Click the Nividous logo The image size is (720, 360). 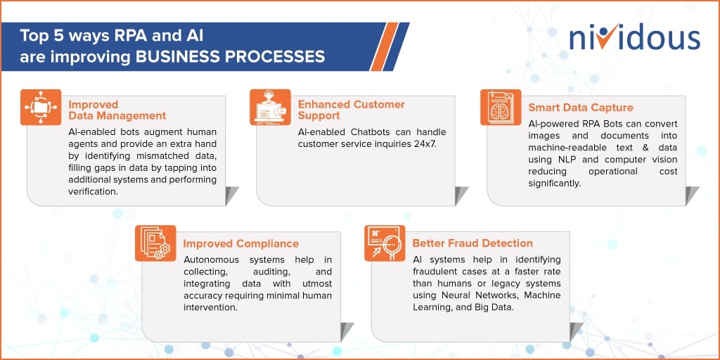click(x=635, y=38)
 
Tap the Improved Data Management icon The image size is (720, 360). click(x=41, y=107)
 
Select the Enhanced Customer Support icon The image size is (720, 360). click(x=270, y=107)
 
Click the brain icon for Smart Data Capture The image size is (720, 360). click(x=501, y=107)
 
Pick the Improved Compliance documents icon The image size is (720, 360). click(x=155, y=243)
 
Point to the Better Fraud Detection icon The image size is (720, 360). click(x=385, y=243)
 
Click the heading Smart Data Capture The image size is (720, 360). click(x=580, y=108)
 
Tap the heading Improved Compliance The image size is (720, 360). click(x=240, y=244)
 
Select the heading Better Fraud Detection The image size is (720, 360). click(x=472, y=243)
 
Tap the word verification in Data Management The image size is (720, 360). click(x=94, y=191)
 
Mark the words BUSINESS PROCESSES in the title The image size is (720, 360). click(x=230, y=56)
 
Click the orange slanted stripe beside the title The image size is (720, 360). click(x=384, y=47)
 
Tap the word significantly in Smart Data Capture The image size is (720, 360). click(x=555, y=184)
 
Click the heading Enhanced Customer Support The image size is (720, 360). click(x=352, y=109)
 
